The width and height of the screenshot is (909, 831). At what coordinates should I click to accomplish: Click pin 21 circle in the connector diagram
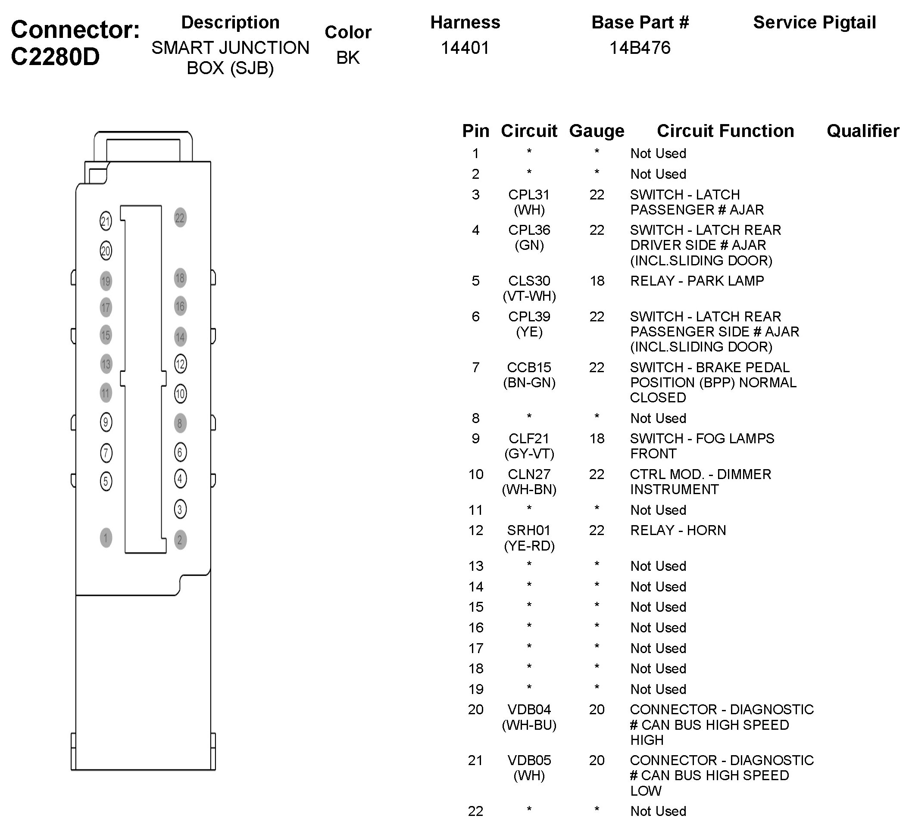click(x=106, y=221)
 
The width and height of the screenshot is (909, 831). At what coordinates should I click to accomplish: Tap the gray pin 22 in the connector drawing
click(x=180, y=218)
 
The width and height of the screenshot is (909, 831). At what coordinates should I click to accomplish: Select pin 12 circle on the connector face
click(x=180, y=364)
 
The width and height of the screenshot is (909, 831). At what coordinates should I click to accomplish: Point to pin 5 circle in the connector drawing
click(x=106, y=481)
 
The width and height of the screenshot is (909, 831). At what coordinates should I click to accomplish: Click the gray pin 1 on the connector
click(x=106, y=538)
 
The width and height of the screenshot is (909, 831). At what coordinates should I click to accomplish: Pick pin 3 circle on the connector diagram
click(x=180, y=510)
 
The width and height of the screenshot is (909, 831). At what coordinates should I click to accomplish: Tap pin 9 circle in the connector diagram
click(x=106, y=422)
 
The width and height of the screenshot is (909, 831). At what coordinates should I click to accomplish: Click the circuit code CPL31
click(x=529, y=195)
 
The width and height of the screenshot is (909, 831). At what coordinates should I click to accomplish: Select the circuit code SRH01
click(x=529, y=530)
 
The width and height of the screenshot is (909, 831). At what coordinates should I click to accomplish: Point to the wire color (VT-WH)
click(x=529, y=296)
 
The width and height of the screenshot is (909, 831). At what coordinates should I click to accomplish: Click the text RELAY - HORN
click(x=678, y=530)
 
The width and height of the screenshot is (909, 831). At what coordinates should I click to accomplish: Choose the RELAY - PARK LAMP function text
click(x=697, y=281)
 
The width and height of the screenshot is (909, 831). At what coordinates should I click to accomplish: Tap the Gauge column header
click(x=597, y=131)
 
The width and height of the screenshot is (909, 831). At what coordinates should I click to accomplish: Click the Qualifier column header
click(x=862, y=131)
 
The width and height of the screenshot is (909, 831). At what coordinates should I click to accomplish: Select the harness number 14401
click(x=465, y=48)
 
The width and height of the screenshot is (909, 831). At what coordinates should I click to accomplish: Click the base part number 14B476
click(x=640, y=48)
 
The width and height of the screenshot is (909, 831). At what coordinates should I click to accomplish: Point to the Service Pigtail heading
click(x=814, y=22)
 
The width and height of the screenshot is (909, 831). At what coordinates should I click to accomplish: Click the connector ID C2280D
click(x=55, y=57)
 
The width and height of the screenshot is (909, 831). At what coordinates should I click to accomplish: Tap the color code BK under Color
click(x=348, y=58)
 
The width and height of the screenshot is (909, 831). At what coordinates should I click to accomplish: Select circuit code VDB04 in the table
click(x=529, y=710)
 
